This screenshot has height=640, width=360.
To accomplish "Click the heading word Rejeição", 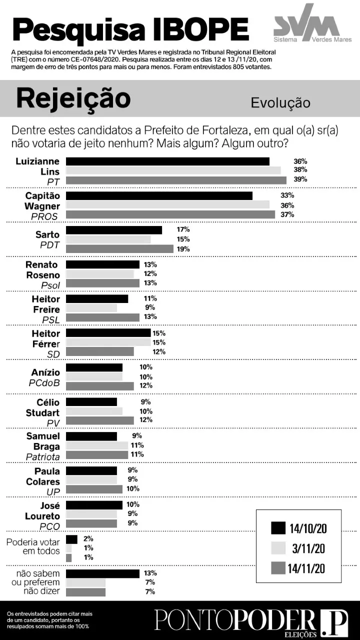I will (73, 98).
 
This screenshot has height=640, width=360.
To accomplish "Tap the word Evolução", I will (280, 102).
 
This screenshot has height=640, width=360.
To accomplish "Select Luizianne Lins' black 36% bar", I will (167, 161).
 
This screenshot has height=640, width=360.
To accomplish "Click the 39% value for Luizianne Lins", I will (300, 179).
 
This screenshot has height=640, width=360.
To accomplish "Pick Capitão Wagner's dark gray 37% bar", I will (170, 214).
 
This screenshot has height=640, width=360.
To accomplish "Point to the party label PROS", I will (44, 216).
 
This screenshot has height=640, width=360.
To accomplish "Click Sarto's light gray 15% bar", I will (108, 239).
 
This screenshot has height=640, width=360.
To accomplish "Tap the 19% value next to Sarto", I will (183, 249).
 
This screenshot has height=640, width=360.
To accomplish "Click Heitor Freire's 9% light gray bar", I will (91, 308).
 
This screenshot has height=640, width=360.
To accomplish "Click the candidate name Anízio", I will (45, 372).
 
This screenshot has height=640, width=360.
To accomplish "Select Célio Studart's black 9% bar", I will (91, 402).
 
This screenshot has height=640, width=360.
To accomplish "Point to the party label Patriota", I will (43, 457).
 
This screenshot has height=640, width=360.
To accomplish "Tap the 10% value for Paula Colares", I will (132, 488).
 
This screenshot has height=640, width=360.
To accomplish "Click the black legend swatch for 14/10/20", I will (278, 528).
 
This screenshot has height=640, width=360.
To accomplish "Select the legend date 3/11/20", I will (308, 548).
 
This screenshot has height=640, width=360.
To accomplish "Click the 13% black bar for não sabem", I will (102, 573).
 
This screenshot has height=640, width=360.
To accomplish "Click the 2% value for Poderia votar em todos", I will (88, 539).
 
